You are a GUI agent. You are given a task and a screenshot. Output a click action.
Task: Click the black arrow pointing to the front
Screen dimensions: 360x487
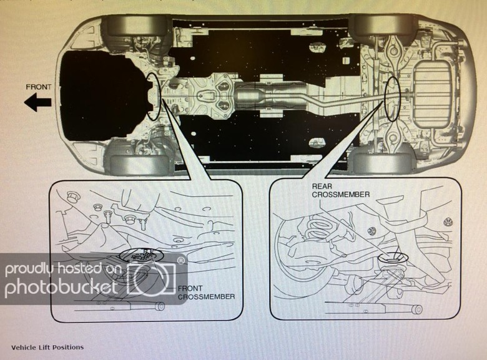pyautogui.click(x=38, y=104)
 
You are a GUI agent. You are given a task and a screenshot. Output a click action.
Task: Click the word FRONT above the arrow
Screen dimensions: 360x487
pyautogui.click(x=39, y=87)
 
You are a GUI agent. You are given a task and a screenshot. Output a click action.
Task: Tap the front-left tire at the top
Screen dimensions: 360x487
pyautogui.click(x=137, y=26)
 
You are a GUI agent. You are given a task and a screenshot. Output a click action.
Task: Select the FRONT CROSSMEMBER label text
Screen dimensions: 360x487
pyautogui.click(x=206, y=293)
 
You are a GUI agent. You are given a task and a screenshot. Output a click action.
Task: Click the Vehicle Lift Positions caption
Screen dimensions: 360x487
pyautogui.click(x=47, y=347)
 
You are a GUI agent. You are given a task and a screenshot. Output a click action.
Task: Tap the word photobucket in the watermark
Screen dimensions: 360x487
pyautogui.click(x=62, y=288)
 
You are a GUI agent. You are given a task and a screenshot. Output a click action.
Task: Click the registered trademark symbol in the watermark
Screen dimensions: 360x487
pyautogui.click(x=180, y=260)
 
